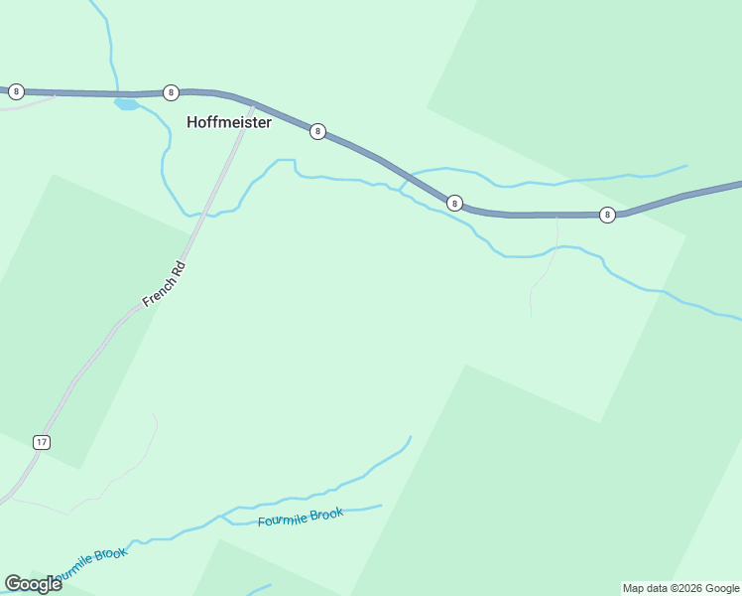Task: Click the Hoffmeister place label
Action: pos(229,123)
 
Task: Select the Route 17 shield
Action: pos(41,441)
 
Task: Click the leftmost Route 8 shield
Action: pos(16,91)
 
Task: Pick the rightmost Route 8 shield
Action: pos(607,215)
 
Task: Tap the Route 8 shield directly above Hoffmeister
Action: pos(171,92)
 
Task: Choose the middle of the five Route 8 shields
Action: pos(317,131)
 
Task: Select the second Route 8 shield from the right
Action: pos(454,203)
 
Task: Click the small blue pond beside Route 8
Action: pos(126,103)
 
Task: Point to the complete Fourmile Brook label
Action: pos(301,518)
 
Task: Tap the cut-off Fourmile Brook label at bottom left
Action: pos(89,562)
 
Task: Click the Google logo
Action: pos(33,583)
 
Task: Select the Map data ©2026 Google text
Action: pos(681,588)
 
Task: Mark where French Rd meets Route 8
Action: pos(252,104)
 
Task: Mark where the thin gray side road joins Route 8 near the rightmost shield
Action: pos(557,215)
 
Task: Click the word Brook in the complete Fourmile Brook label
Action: pos(326,514)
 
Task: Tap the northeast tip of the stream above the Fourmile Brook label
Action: pos(410,436)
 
